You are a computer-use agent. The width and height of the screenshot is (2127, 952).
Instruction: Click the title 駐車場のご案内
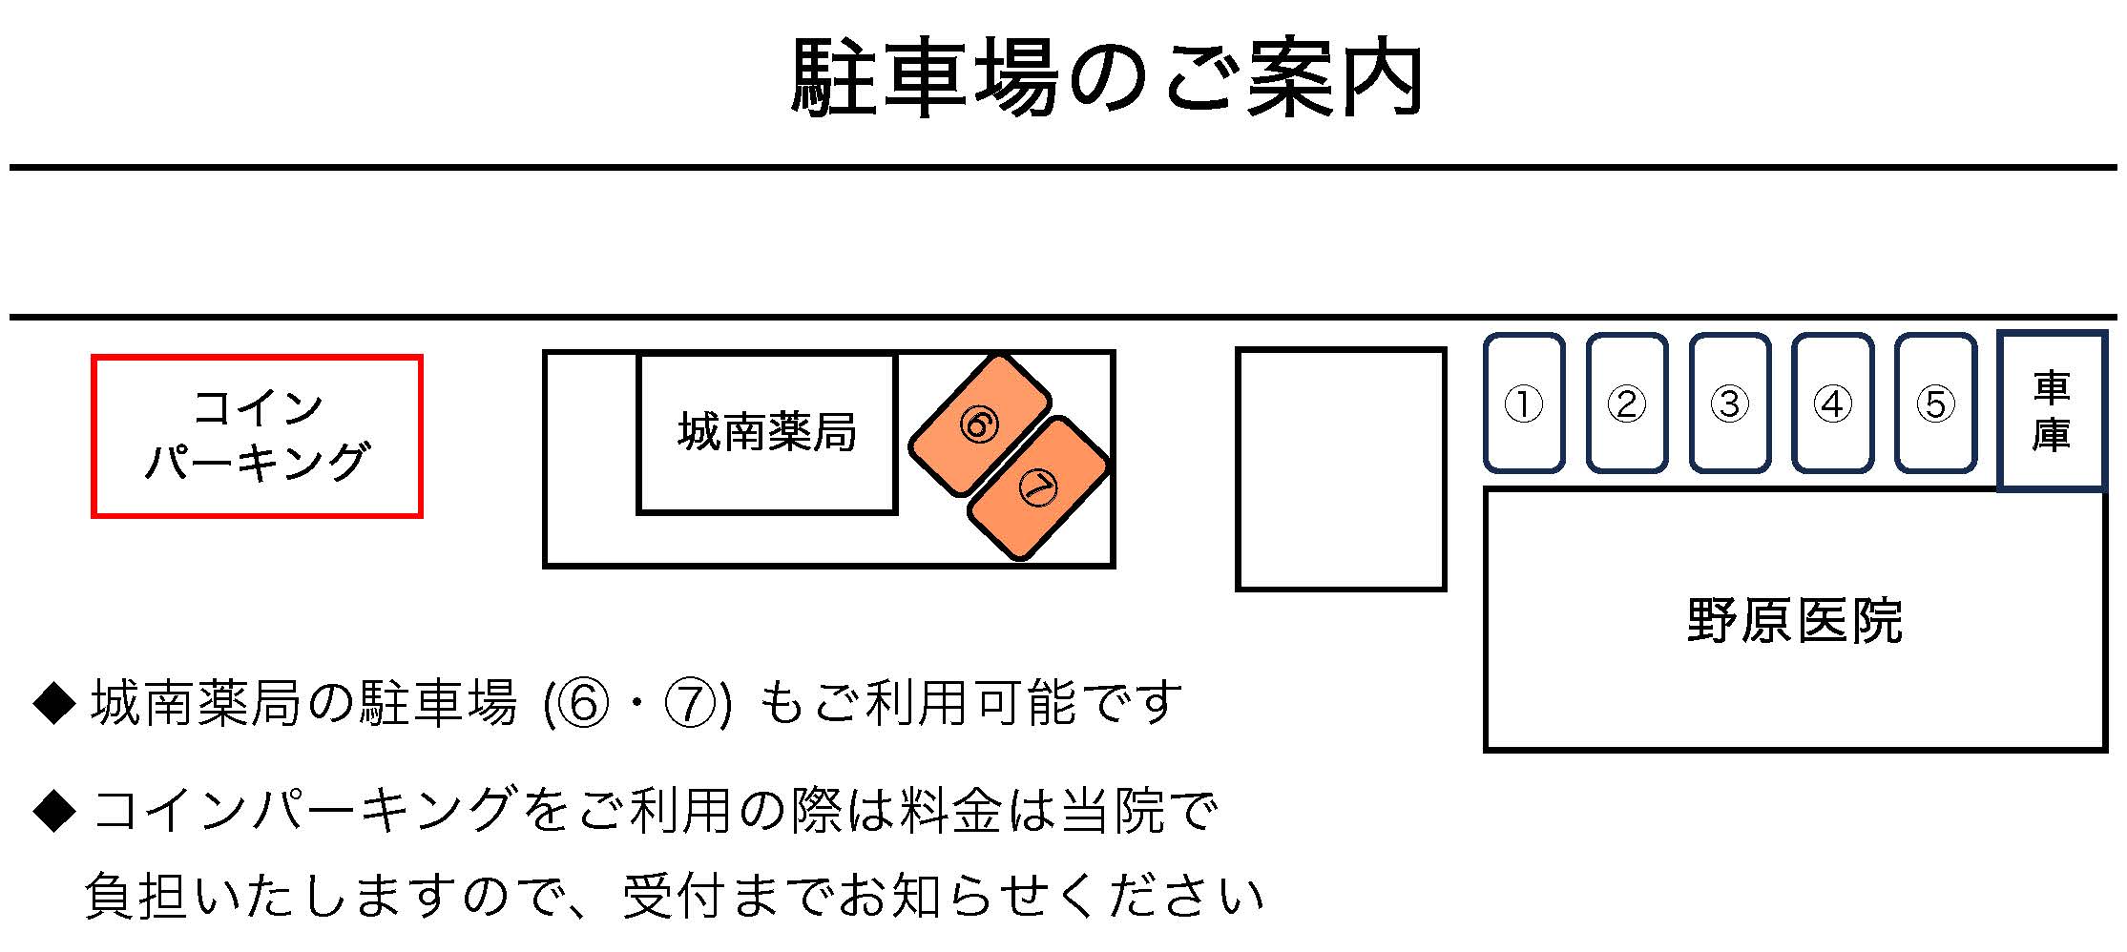1107,78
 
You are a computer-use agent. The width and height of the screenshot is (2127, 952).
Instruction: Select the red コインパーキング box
257,436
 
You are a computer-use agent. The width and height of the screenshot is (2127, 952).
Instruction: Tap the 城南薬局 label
767,432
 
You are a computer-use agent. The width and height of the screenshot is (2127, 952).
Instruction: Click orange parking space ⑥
979,424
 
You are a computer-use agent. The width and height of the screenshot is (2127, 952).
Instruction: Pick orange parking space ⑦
1038,488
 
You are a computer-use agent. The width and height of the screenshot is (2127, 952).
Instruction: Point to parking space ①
1524,404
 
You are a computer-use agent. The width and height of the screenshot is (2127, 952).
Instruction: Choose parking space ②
1627,404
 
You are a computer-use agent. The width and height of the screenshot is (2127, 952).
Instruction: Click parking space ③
1730,404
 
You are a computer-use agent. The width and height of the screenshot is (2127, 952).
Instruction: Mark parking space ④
1832,404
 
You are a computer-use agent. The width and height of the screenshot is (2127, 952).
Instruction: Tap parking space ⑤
1935,404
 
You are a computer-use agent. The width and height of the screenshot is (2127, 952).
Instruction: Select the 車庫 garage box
2052,411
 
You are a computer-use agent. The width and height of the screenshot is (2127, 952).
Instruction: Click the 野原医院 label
1794,621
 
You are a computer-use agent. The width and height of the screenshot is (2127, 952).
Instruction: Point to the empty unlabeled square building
1341,469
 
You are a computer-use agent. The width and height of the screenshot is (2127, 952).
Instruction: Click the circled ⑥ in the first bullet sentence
584,704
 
